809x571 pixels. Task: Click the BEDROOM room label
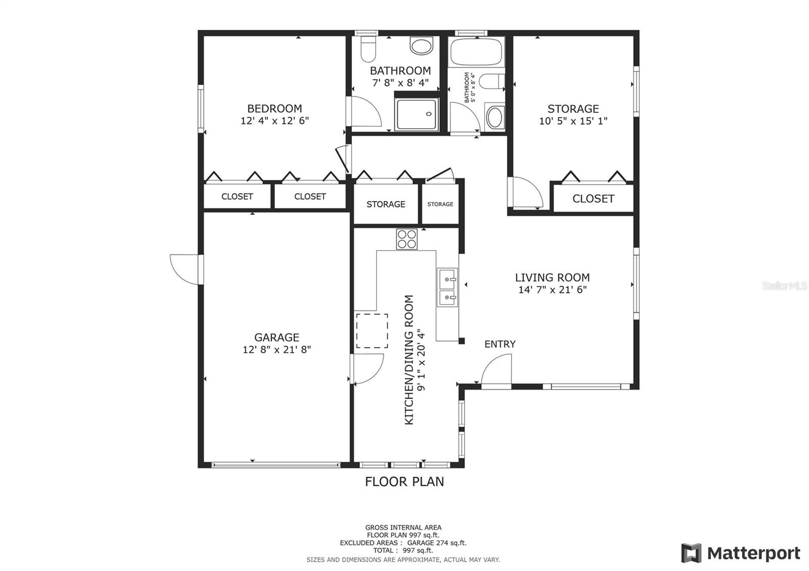point(275,109)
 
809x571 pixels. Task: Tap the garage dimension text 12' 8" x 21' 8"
point(277,349)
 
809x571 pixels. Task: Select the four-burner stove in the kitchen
point(407,239)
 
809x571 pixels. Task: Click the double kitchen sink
point(447,288)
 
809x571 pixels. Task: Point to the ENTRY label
point(500,344)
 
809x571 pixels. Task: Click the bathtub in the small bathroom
point(477,52)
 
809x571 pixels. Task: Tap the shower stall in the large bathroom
point(417,114)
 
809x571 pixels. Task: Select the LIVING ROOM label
point(552,277)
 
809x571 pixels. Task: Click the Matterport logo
point(741,553)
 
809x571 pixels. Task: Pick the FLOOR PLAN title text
point(404,482)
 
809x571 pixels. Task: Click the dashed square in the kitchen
point(372,331)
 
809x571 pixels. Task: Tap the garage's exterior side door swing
point(184,269)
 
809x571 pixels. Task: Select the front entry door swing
point(497,369)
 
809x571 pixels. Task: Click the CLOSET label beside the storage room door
point(594,199)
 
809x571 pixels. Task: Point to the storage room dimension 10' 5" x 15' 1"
point(573,121)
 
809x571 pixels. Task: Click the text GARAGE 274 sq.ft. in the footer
point(437,543)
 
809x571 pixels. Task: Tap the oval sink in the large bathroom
point(421,46)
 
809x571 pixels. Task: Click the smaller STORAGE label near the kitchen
point(440,204)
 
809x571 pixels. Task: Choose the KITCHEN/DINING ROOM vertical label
point(414,360)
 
